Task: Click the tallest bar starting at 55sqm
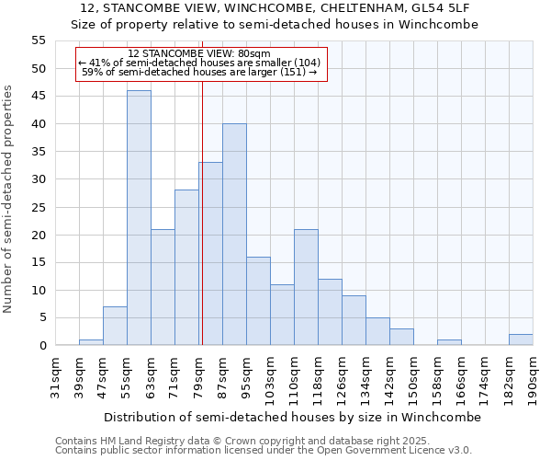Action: (x=139, y=218)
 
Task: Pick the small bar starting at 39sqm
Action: (x=91, y=342)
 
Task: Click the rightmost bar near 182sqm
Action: (x=521, y=339)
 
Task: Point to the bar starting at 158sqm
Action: (x=449, y=342)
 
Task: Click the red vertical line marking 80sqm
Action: (x=202, y=230)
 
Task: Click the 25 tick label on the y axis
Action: (x=38, y=207)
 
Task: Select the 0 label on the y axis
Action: (x=41, y=346)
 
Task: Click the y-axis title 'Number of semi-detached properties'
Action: (x=9, y=198)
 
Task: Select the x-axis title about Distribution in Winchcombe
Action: (x=292, y=417)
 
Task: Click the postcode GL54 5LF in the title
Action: (x=438, y=8)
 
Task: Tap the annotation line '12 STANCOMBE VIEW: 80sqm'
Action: (x=199, y=53)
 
